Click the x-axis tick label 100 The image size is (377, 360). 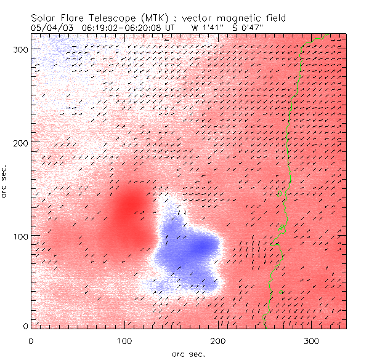pos(124,340)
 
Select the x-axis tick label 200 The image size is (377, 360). pos(218,340)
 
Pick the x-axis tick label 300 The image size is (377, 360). pos(312,340)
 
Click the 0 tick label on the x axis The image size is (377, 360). pos(31,340)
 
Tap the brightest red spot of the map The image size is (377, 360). pos(130,206)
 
